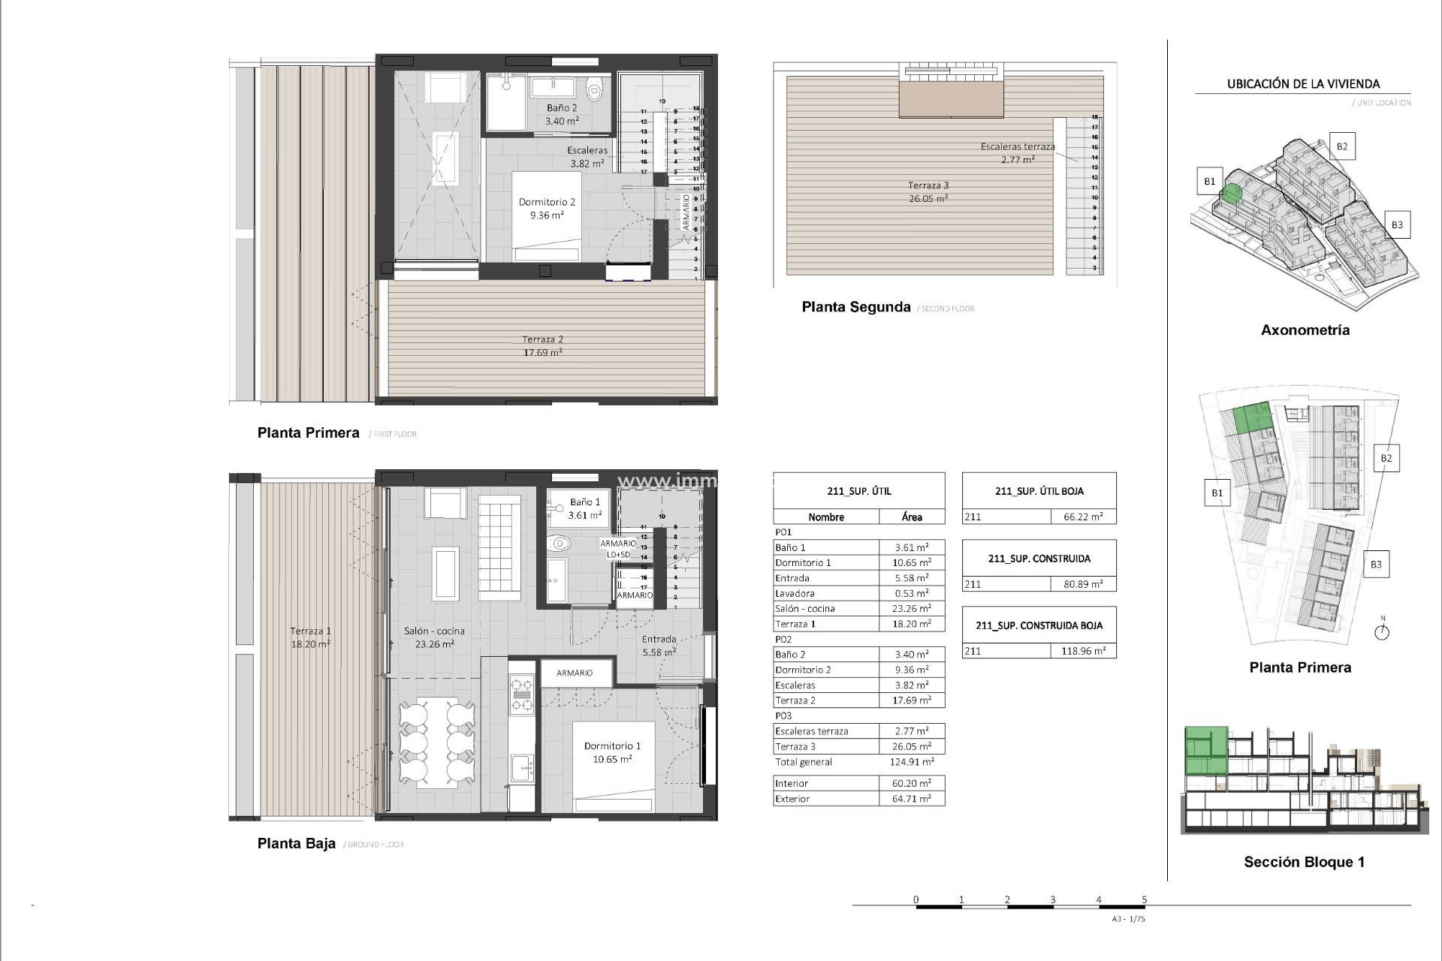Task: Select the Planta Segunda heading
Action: [855, 307]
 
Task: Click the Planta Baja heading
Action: [296, 844]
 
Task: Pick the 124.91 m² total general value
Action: [912, 762]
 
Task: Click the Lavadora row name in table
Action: [795, 593]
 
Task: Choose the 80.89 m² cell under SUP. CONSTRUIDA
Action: [1082, 584]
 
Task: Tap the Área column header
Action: [912, 517]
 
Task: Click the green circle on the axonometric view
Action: [1231, 194]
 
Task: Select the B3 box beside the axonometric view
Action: [1396, 224]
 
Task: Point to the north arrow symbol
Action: [1382, 631]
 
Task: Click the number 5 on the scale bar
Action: [1145, 899]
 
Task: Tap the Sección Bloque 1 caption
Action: [1304, 862]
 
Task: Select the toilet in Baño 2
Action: [595, 91]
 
